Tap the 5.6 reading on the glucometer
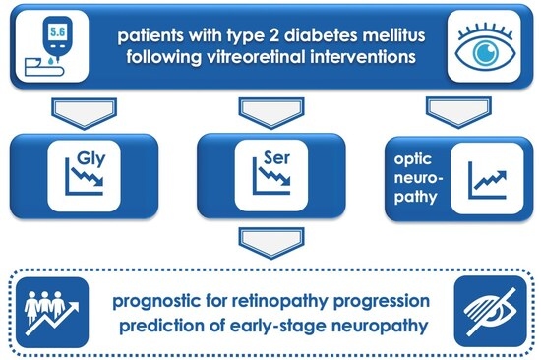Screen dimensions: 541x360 [x=57, y=32]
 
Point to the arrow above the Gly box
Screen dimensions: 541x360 [x=85, y=113]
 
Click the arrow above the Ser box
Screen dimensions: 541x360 [x=271, y=113]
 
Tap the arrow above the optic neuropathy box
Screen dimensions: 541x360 [x=459, y=112]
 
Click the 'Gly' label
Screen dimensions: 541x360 [x=91, y=158]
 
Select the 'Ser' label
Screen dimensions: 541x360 [x=277, y=157]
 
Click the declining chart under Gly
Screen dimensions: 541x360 [x=85, y=177]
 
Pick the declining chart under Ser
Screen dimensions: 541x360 [x=271, y=177]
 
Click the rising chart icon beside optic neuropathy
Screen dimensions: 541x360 [x=487, y=180]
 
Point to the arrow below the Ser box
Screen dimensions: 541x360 [x=271, y=243]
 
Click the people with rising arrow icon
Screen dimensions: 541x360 [x=52, y=313]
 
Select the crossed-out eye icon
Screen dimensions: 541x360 [x=490, y=313]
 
